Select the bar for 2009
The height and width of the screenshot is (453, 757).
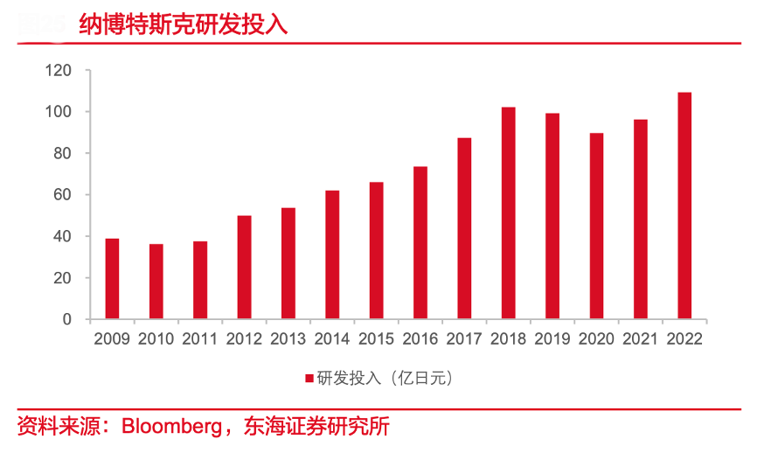112,279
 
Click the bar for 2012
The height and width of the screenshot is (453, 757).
244,267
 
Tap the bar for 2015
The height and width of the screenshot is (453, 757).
376,251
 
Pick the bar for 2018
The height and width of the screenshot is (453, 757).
508,213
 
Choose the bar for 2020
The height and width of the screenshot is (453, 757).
596,226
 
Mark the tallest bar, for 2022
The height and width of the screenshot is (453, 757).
684,206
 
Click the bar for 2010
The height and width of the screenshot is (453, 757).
156,282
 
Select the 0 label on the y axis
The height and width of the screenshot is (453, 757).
66,319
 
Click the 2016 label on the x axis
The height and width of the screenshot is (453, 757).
420,339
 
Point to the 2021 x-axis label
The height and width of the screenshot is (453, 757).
640,339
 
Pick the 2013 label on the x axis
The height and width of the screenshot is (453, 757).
288,339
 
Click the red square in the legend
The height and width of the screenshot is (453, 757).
309,379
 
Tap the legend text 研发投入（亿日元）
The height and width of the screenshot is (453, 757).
385,379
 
